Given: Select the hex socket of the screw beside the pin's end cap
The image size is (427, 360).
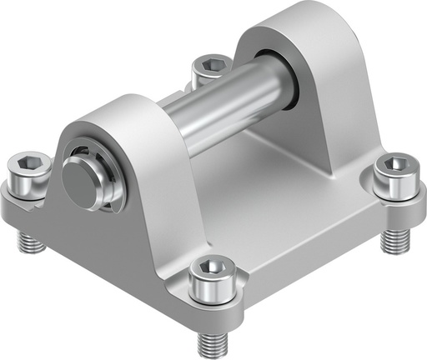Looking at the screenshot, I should pos(28,162).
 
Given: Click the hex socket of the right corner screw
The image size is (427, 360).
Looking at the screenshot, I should pos(390,163).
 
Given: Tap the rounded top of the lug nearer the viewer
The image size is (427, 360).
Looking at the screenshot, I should pos(125,108).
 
